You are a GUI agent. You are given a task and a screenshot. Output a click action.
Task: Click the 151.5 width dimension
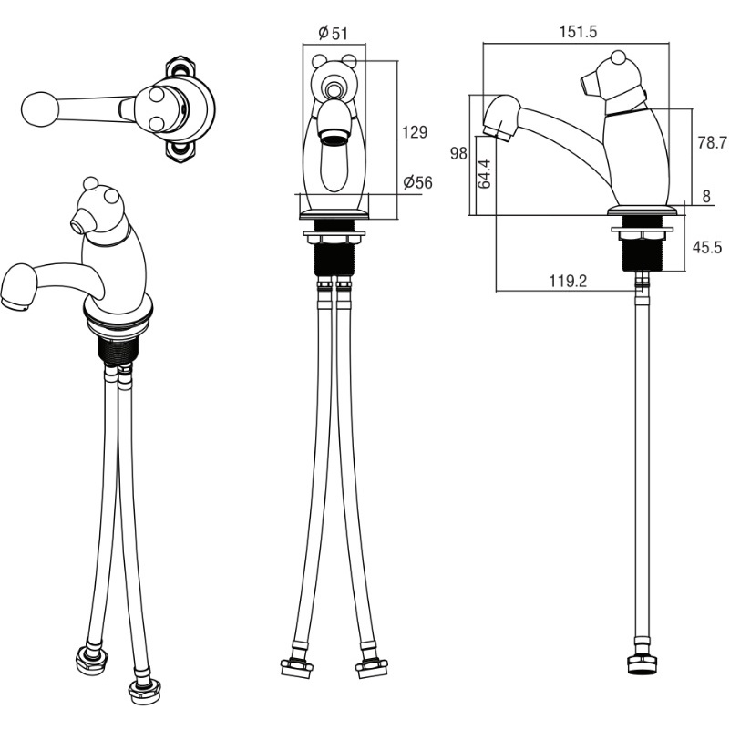pyautogui.click(x=577, y=32)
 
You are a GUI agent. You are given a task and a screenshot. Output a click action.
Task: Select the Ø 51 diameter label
pyautogui.click(x=334, y=33)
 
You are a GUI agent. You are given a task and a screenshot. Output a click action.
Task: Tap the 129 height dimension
pyautogui.click(x=415, y=132)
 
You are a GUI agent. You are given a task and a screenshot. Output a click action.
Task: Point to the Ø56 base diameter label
pyautogui.click(x=417, y=182)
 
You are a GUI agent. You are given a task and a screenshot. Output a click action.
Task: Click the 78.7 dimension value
pyautogui.click(x=712, y=143)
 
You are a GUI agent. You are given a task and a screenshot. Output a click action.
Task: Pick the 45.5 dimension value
pyautogui.click(x=706, y=247)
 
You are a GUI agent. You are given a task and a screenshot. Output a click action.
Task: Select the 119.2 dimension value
pyautogui.click(x=568, y=282)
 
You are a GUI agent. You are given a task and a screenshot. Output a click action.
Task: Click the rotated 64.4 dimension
pyautogui.click(x=484, y=173)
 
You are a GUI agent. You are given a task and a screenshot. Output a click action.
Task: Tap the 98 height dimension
pyautogui.click(x=458, y=153)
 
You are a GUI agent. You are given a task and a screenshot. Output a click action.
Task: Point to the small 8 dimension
pyautogui.click(x=706, y=197)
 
